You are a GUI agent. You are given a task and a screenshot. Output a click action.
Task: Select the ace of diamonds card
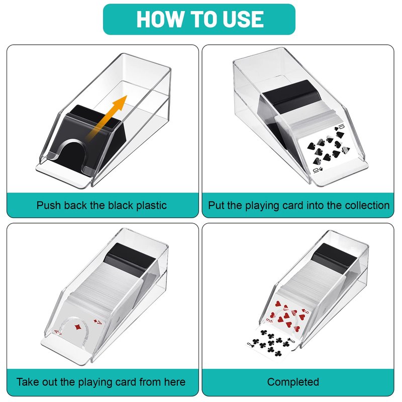(77, 324)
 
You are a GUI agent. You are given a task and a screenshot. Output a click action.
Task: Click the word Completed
(293, 382)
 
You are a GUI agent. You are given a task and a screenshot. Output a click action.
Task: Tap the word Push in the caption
(48, 206)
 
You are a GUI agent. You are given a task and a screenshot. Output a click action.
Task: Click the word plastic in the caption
(151, 206)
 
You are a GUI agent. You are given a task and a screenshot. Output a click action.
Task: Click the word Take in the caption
(28, 382)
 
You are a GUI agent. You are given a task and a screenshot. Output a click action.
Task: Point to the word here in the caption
(175, 382)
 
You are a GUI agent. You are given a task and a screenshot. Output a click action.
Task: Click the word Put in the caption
(215, 206)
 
